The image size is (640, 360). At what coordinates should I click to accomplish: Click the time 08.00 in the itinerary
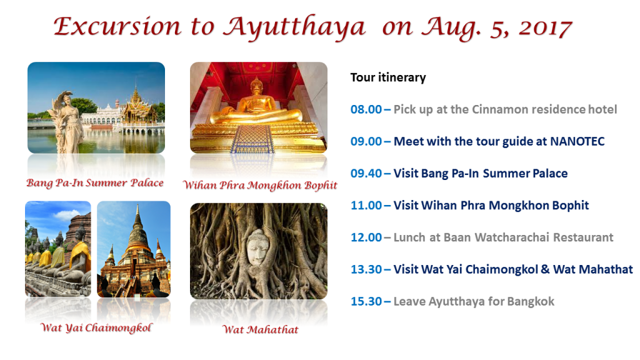[x=366, y=109]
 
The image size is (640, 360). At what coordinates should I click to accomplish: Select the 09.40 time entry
[x=366, y=174]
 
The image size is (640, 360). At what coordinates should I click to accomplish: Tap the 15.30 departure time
[x=366, y=302]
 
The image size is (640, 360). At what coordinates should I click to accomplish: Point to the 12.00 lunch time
[x=366, y=237]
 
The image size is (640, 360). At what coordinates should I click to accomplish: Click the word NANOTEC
[x=577, y=141]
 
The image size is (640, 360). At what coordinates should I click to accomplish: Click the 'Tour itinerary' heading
[x=388, y=77]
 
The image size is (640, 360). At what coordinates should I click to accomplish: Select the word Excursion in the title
[x=117, y=26]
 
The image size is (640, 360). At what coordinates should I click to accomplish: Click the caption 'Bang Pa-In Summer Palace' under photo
[x=95, y=183]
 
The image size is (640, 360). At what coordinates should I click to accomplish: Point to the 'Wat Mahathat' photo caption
[x=261, y=329]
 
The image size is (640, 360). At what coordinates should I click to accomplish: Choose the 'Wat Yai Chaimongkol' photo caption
[x=96, y=327]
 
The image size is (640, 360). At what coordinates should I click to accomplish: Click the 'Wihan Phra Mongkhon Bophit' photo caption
[x=260, y=185]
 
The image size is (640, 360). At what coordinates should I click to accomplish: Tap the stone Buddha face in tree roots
[x=257, y=247]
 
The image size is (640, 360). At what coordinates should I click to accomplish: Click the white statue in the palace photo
[x=67, y=122]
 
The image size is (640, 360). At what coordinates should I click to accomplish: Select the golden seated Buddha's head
[x=256, y=86]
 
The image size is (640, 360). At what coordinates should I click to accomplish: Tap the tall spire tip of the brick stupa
[x=137, y=205]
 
